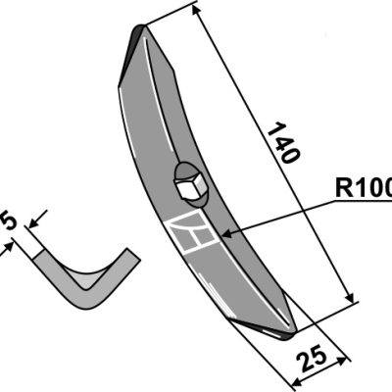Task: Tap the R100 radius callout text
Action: coord(364,188)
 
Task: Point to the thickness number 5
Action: coord(7,220)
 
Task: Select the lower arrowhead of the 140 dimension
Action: coord(349,297)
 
